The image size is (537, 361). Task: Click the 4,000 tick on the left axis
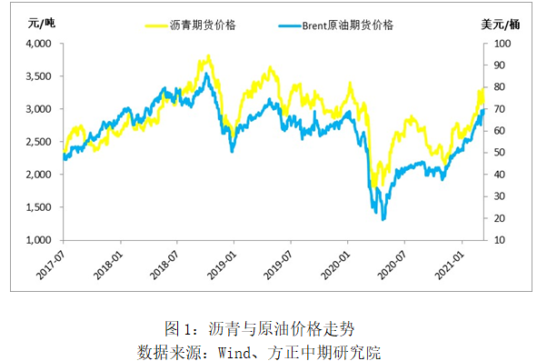(x=37, y=44)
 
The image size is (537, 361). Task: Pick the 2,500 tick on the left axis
(x=37, y=142)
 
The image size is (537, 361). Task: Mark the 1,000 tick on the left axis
(x=37, y=240)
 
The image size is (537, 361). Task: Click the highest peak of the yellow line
(x=209, y=56)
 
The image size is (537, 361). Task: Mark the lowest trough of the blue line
(x=383, y=219)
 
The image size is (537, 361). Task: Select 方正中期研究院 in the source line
(x=343, y=348)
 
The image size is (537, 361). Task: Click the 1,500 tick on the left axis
(x=37, y=207)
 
